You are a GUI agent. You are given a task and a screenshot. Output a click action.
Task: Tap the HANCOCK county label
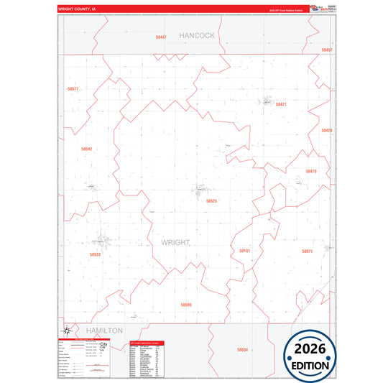point(197,34)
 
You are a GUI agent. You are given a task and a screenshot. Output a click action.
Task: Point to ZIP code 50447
point(161,37)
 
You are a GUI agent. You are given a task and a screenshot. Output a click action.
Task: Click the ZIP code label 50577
point(72,89)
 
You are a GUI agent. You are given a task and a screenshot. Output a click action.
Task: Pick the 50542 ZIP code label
point(86,149)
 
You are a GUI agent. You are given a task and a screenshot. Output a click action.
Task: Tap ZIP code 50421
point(281,105)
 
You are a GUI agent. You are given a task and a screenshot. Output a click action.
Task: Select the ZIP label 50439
point(327,131)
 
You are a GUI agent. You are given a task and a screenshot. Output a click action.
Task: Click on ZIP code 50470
point(311,171)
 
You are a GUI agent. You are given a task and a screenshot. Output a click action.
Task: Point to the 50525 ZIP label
point(211,201)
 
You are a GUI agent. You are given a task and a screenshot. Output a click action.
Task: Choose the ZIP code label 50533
point(96,254)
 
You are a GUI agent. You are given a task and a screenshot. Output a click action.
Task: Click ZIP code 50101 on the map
point(244,251)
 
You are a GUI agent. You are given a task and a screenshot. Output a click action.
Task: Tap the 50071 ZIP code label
point(308,251)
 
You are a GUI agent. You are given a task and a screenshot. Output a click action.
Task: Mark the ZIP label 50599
point(186,305)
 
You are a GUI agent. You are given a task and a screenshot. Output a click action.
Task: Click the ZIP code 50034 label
point(242,349)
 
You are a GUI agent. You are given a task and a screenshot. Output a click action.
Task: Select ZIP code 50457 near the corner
point(327,50)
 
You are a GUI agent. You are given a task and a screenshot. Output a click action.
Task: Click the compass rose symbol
point(65,331)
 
